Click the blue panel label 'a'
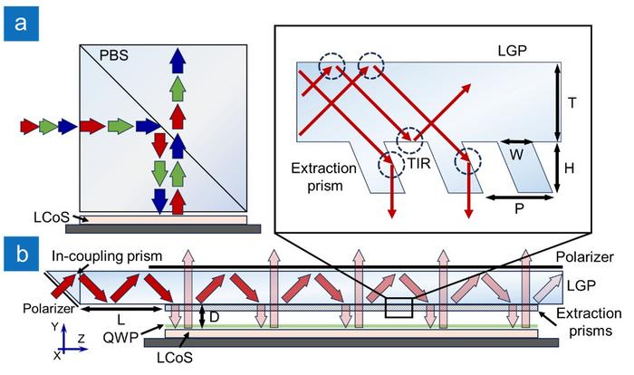tap(19, 20)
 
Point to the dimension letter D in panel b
tap(215, 318)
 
